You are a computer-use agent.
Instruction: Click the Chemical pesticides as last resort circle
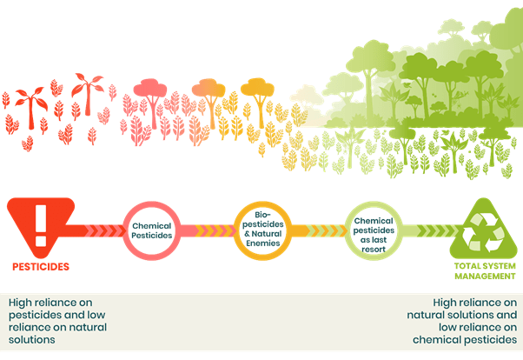(374, 230)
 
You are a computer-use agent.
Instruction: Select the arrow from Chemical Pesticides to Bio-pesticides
(206, 230)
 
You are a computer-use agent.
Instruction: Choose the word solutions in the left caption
(33, 339)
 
